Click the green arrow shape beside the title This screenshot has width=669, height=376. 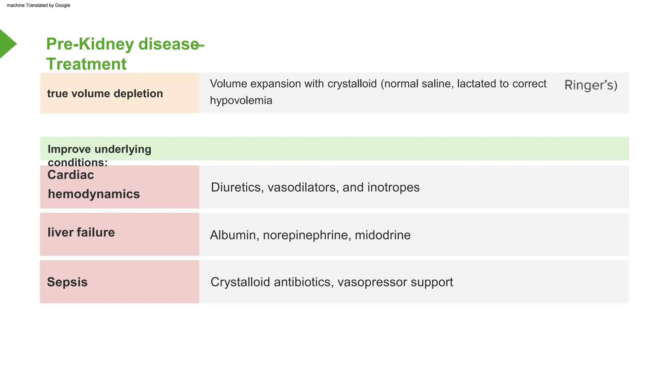(7, 44)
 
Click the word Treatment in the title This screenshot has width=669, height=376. (86, 64)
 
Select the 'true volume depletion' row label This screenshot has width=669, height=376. (105, 94)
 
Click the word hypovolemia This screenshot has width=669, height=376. (241, 101)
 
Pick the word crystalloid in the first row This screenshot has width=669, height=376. (352, 84)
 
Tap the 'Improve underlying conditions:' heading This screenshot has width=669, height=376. (99, 155)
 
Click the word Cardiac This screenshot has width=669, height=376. (71, 175)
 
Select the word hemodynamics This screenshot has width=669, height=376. (94, 194)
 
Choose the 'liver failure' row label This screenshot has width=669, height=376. (81, 232)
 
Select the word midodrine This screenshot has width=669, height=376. (383, 235)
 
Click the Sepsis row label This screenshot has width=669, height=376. (67, 282)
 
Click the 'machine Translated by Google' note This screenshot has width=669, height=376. (39, 5)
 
